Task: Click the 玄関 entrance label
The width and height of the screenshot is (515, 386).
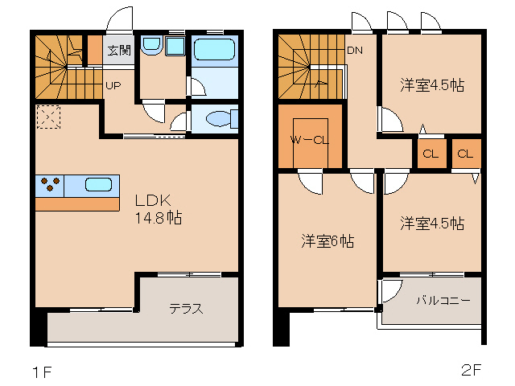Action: click(x=118, y=50)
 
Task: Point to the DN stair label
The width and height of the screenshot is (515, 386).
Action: click(x=355, y=51)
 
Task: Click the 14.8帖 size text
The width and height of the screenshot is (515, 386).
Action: click(x=157, y=218)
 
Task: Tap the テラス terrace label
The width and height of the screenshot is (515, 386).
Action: click(x=185, y=308)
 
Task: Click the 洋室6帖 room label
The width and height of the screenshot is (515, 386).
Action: click(x=328, y=240)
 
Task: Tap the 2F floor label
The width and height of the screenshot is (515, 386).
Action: click(x=471, y=371)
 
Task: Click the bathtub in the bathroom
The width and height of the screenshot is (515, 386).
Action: click(x=214, y=51)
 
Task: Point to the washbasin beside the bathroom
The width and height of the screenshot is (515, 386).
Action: click(x=152, y=46)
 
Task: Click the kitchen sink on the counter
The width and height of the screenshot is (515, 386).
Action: click(x=98, y=184)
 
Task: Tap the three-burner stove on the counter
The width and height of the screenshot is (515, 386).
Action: click(x=50, y=184)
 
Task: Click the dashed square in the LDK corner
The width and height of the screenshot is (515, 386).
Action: click(x=47, y=117)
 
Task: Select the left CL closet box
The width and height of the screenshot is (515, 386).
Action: click(x=430, y=154)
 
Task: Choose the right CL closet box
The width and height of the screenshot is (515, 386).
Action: click(x=465, y=154)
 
